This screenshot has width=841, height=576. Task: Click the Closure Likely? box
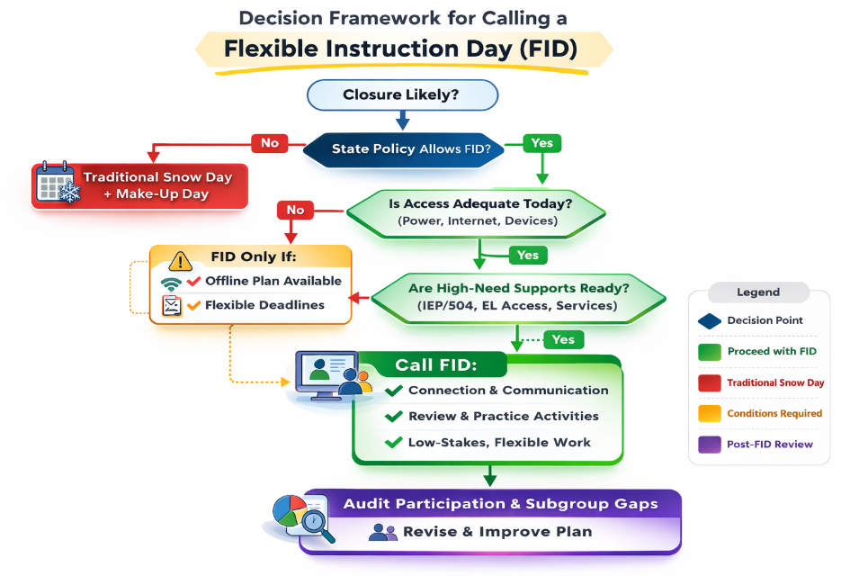pyautogui.click(x=402, y=94)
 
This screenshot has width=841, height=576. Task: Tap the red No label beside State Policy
pyautogui.click(x=270, y=142)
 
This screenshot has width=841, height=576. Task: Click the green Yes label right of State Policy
pyautogui.click(x=541, y=142)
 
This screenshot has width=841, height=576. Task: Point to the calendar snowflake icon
pyautogui.click(x=58, y=184)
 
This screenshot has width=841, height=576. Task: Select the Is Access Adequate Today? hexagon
pyautogui.click(x=479, y=211)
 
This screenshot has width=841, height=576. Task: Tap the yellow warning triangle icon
pyautogui.click(x=181, y=261)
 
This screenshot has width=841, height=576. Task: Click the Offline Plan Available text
pyautogui.click(x=273, y=281)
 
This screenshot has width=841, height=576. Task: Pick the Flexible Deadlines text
pyautogui.click(x=264, y=305)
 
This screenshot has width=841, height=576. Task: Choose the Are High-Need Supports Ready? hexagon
pyautogui.click(x=519, y=296)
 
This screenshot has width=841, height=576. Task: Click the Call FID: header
pyautogui.click(x=437, y=366)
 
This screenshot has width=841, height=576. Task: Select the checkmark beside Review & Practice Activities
pyautogui.click(x=393, y=416)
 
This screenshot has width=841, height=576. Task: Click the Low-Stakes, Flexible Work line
pyautogui.click(x=499, y=442)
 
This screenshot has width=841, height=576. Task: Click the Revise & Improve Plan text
pyautogui.click(x=497, y=532)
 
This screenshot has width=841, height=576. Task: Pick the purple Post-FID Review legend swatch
pyautogui.click(x=709, y=444)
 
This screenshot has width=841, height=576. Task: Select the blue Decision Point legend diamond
pyautogui.click(x=709, y=320)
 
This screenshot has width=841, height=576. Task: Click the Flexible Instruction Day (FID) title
pyautogui.click(x=403, y=48)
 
